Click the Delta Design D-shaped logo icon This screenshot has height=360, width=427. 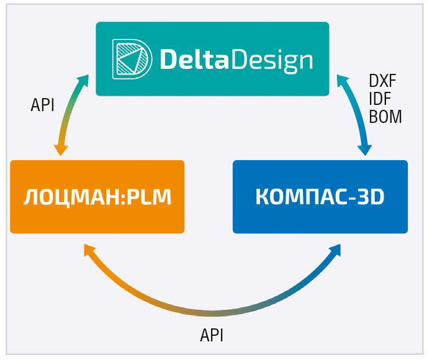click(x=132, y=59)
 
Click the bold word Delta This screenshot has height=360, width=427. click(x=194, y=59)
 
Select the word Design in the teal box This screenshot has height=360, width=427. click(x=272, y=60)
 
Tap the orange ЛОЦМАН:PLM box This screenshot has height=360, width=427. click(x=97, y=197)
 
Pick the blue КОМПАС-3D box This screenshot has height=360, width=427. click(x=320, y=197)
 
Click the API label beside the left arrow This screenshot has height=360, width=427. click(x=42, y=105)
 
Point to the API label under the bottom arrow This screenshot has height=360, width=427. click(x=212, y=335)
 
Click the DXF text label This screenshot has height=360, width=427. click(x=382, y=81)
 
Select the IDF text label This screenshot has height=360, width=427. click(x=380, y=99)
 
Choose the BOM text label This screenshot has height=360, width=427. click(x=385, y=117)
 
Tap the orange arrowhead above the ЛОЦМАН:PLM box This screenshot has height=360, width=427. click(x=61, y=150)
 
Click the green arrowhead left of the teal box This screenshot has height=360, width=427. click(x=83, y=81)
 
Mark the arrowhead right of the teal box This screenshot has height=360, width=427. click(x=343, y=81)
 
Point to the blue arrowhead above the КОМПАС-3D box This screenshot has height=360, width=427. click(x=365, y=150)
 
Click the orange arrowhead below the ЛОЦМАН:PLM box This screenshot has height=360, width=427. click(x=89, y=250)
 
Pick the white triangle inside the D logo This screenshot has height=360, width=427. click(x=131, y=60)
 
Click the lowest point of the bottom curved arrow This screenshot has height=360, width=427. click(x=213, y=313)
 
